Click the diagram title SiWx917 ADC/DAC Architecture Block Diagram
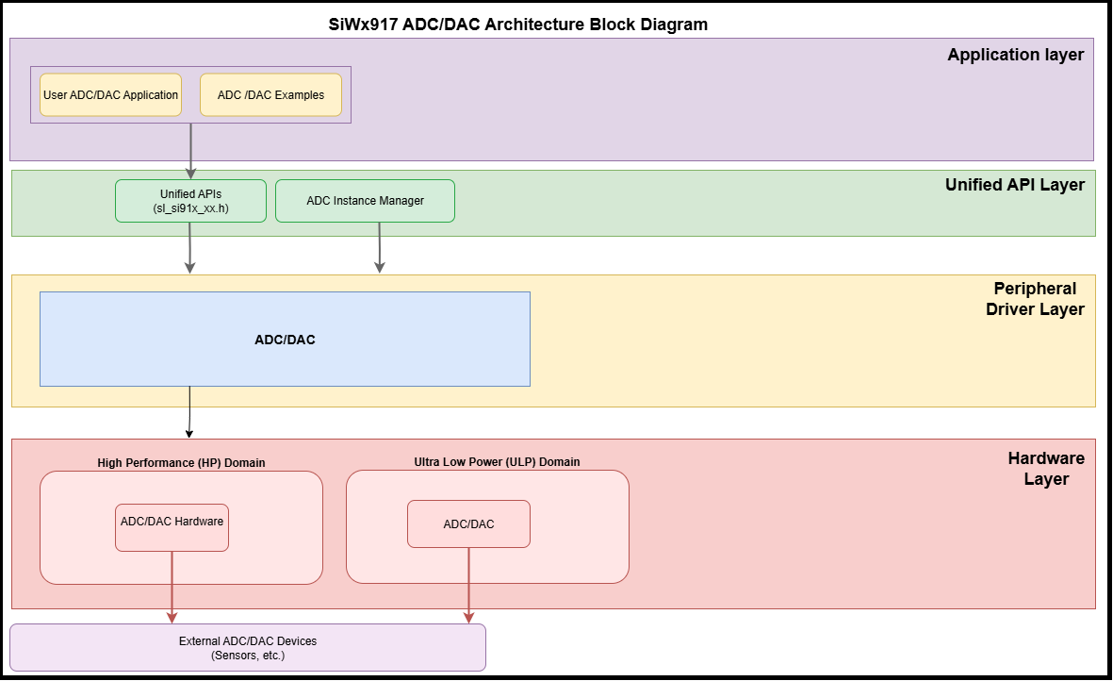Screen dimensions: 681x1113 coord(512,25)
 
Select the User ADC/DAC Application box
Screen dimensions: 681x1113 coord(110,95)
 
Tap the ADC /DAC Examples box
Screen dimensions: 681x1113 coord(270,95)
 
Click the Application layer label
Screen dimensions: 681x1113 coord(1015,55)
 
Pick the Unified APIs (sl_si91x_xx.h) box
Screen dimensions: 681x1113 coord(190,201)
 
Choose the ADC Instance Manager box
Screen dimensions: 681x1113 coord(365,201)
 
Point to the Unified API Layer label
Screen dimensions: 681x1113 coord(1014,185)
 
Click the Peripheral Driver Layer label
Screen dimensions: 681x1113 coord(1034,299)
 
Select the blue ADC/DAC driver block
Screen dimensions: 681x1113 coord(285,340)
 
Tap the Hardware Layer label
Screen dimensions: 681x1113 coord(1045,469)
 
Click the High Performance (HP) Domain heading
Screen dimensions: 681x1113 coord(181,463)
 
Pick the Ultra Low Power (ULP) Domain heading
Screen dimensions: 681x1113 coord(497,462)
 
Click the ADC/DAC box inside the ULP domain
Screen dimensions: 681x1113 coord(468,524)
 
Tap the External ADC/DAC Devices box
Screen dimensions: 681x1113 coord(247,648)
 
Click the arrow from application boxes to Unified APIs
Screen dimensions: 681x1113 coord(190,151)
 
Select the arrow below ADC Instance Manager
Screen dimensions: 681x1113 coord(379,247)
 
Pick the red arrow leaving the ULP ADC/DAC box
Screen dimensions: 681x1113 coord(468,585)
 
